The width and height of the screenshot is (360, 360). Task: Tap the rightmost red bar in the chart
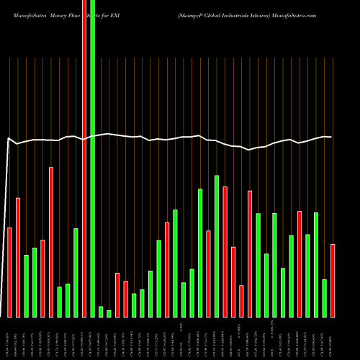pyautogui.click(x=333, y=281)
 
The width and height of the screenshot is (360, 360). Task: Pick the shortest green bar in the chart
pyautogui.click(x=109, y=313)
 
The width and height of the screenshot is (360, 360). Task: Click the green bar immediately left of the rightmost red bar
pyautogui.click(x=325, y=298)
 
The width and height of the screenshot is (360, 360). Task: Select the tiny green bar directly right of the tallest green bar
pyautogui.click(x=101, y=311)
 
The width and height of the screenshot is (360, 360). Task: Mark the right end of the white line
pyautogui.click(x=331, y=137)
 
